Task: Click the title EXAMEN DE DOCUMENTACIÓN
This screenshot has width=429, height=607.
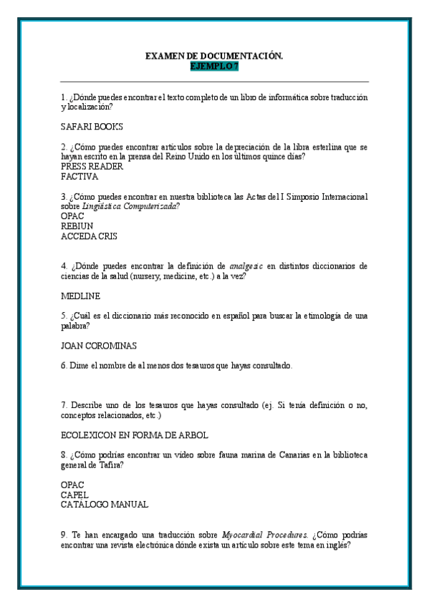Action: [x=214, y=56]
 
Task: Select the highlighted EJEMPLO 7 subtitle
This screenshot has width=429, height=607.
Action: [x=214, y=66]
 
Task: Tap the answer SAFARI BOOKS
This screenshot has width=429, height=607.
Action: [x=92, y=127]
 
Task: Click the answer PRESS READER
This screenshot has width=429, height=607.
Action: [x=92, y=166]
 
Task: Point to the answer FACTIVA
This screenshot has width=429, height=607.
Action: [x=79, y=176]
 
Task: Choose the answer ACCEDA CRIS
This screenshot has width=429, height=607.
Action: [x=89, y=235]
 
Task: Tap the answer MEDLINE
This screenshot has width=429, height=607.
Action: [x=81, y=296]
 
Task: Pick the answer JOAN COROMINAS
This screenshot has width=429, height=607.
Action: [x=99, y=345]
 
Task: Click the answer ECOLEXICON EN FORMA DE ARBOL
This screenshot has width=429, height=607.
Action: [x=135, y=434]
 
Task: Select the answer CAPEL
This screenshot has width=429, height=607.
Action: [x=75, y=495]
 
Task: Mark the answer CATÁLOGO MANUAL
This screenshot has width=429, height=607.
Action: [x=105, y=505]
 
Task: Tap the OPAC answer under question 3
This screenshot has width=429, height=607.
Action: [x=73, y=215]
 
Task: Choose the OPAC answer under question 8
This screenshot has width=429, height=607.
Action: [x=73, y=485]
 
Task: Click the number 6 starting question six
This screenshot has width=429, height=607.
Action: [x=64, y=365]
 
